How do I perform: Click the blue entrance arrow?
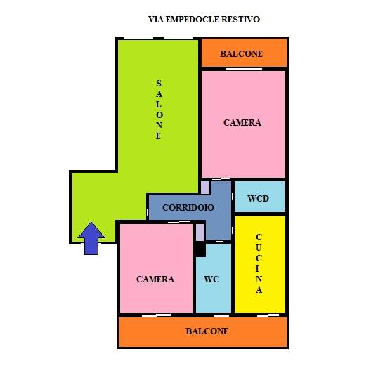coord(91,238)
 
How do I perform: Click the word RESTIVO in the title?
coord(240,20)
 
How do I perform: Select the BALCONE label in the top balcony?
coord(241,54)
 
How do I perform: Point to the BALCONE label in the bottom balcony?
coord(207,331)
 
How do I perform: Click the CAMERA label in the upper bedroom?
coord(242,123)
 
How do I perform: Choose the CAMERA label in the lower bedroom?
coord(155,279)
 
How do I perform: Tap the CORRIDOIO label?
coord(188,208)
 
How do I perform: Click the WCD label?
coord(258,199)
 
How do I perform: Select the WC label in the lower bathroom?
coord(211,279)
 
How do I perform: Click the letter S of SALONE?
coord(159,84)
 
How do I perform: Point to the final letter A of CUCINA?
coord(259,290)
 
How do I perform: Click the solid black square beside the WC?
coord(200,249)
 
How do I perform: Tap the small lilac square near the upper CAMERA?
coord(204,187)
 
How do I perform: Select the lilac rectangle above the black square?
coord(200,232)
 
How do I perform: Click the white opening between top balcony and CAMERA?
coord(244,70)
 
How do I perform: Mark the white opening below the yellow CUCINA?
coord(268,315)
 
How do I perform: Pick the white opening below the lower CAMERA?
coord(156,315)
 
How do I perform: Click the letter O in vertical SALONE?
coord(159,115)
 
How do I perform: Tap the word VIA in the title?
coord(156,20)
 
